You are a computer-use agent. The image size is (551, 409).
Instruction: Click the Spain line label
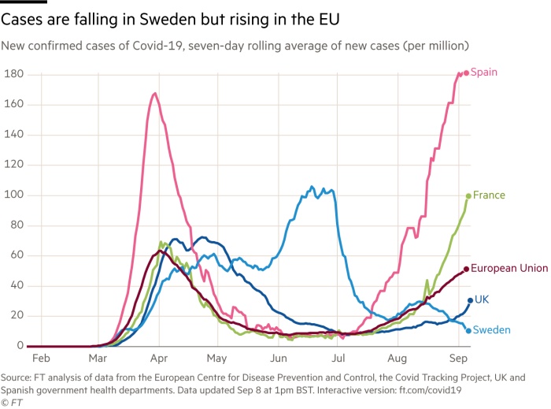[x=486, y=73]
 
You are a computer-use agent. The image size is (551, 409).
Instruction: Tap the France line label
[x=490, y=195]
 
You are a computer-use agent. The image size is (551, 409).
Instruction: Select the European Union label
[x=510, y=269]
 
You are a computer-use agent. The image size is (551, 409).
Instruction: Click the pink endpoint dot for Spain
[x=466, y=73]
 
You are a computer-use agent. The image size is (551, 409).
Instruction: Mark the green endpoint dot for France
[x=468, y=195]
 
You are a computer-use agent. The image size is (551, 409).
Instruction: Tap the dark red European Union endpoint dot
[x=467, y=270]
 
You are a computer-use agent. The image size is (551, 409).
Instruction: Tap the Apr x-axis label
[x=159, y=360]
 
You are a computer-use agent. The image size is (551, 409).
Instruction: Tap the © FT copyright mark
[x=12, y=403]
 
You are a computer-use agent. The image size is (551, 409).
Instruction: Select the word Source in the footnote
[x=17, y=377]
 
